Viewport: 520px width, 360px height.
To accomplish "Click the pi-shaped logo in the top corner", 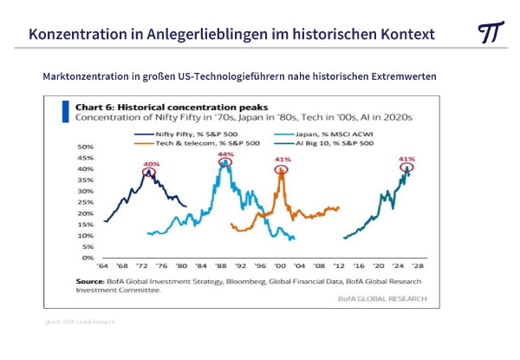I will [490, 32].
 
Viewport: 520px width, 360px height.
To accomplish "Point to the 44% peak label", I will [226, 154].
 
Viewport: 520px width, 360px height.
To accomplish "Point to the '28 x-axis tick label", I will [417, 266].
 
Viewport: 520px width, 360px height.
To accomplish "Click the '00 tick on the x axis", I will [281, 266].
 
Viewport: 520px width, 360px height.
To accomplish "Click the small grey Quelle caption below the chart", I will [79, 322].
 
